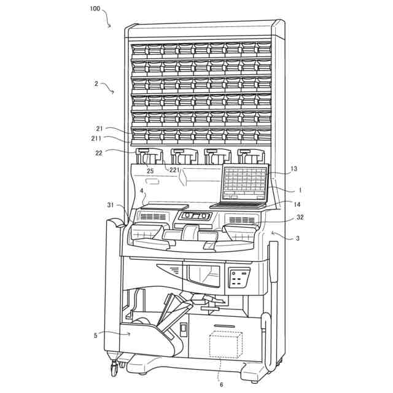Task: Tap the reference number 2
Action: click(x=96, y=84)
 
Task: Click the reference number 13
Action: click(x=294, y=169)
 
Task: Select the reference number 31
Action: click(x=111, y=205)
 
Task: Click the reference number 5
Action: click(x=96, y=335)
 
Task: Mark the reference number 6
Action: click(x=221, y=384)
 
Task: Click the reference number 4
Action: click(x=142, y=192)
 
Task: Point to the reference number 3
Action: click(x=298, y=237)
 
